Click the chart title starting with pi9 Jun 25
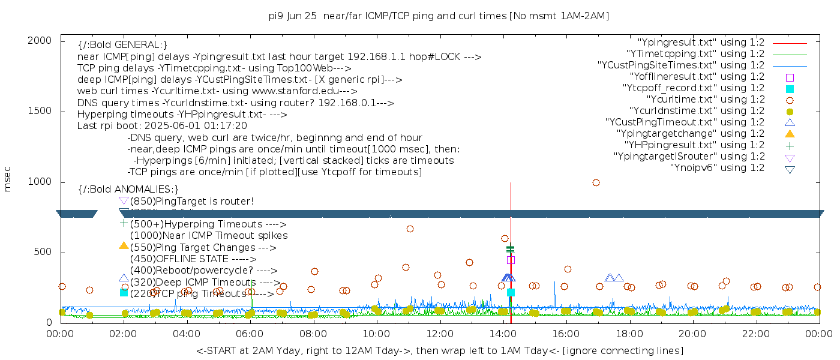pyautogui.click(x=439, y=16)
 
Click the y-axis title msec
pyautogui.click(x=8, y=181)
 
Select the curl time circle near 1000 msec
pyautogui.click(x=596, y=182)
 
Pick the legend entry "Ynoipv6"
pyautogui.click(x=717, y=168)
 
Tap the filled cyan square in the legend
pyautogui.click(x=790, y=88)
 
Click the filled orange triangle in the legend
pyautogui.click(x=790, y=134)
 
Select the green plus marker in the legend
pyautogui.click(x=790, y=145)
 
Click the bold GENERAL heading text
pyautogui.click(x=122, y=45)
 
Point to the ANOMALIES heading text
pyautogui.click(x=128, y=189)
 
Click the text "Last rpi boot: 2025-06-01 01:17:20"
pyautogui.click(x=162, y=126)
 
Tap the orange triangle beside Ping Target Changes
pyautogui.click(x=124, y=245)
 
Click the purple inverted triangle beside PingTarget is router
pyautogui.click(x=124, y=201)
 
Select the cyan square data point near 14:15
pyautogui.click(x=511, y=293)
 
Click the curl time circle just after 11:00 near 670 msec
pyautogui.click(x=410, y=229)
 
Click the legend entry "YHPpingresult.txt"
pyautogui.click(x=694, y=145)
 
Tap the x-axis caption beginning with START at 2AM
pyautogui.click(x=439, y=350)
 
